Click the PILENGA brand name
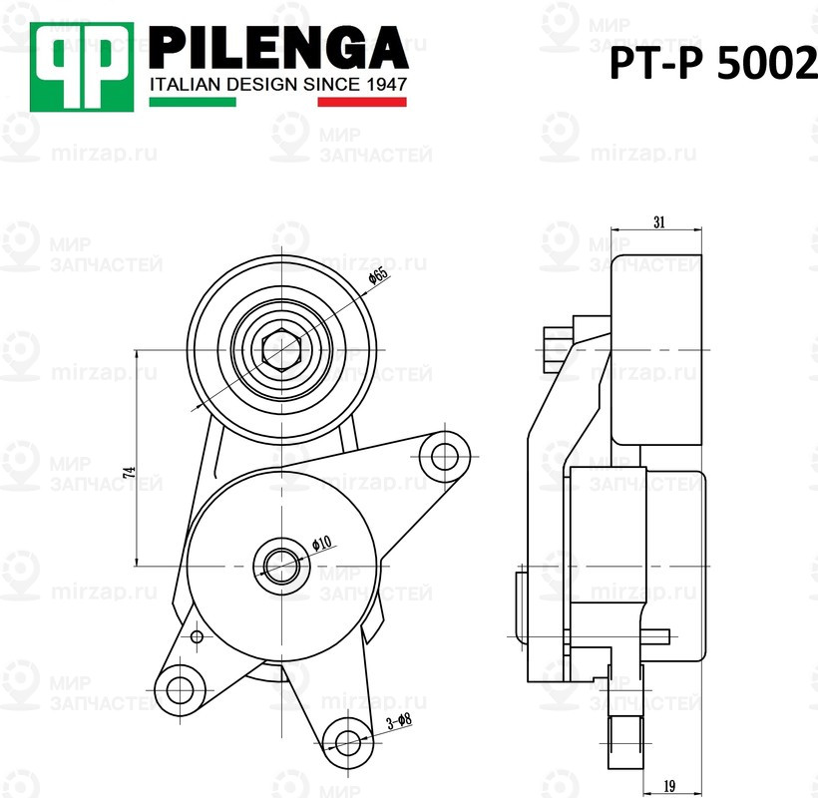(x=278, y=47)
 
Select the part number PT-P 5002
(x=712, y=66)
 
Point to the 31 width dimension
(x=658, y=222)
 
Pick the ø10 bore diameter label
(x=321, y=544)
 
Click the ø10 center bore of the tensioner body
(x=280, y=565)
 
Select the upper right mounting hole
(x=440, y=457)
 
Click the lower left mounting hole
(x=181, y=687)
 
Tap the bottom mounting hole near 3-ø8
(x=346, y=741)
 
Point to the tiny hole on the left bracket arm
(x=197, y=636)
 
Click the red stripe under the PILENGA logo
(x=362, y=102)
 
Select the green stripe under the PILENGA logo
(x=193, y=102)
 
